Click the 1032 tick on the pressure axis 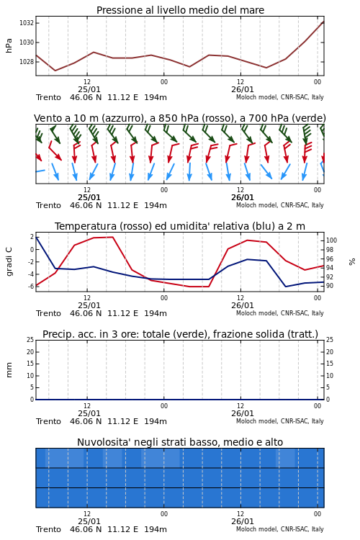27,23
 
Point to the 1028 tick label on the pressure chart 27,62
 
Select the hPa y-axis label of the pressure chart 9,45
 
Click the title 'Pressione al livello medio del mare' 180,10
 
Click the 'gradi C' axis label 9,262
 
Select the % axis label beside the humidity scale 352,262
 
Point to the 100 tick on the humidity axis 331,240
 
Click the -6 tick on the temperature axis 31,286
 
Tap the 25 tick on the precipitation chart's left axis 30,340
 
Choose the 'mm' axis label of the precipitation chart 9,370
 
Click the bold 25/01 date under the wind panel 89,197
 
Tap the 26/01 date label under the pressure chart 242,89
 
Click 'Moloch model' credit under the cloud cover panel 257,529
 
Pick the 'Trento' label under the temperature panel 48,313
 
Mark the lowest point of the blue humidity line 286,287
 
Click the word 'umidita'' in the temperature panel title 188,226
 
